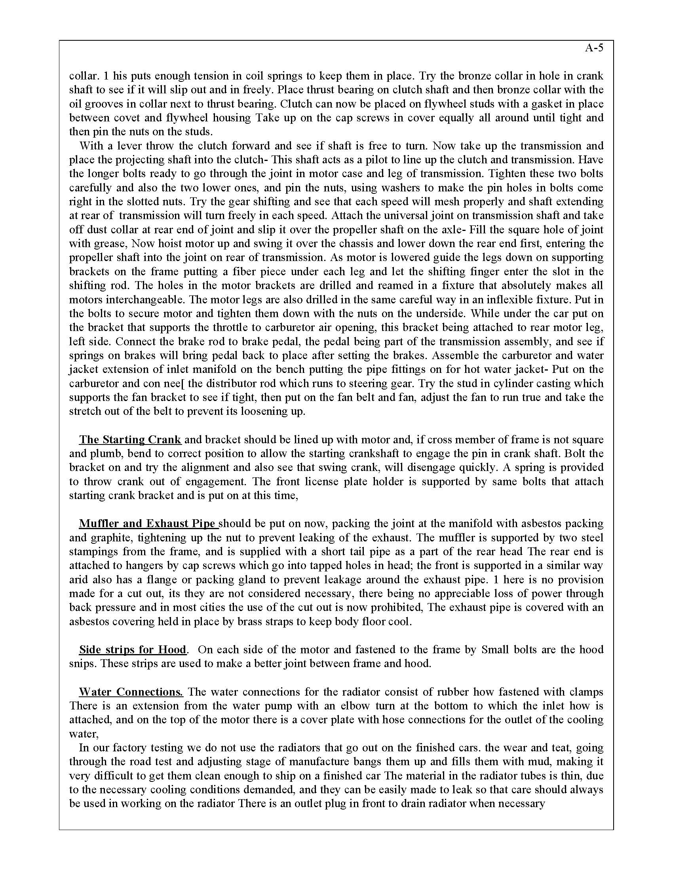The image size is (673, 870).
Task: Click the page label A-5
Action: point(594,48)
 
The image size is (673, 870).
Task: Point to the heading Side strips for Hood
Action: point(133,649)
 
